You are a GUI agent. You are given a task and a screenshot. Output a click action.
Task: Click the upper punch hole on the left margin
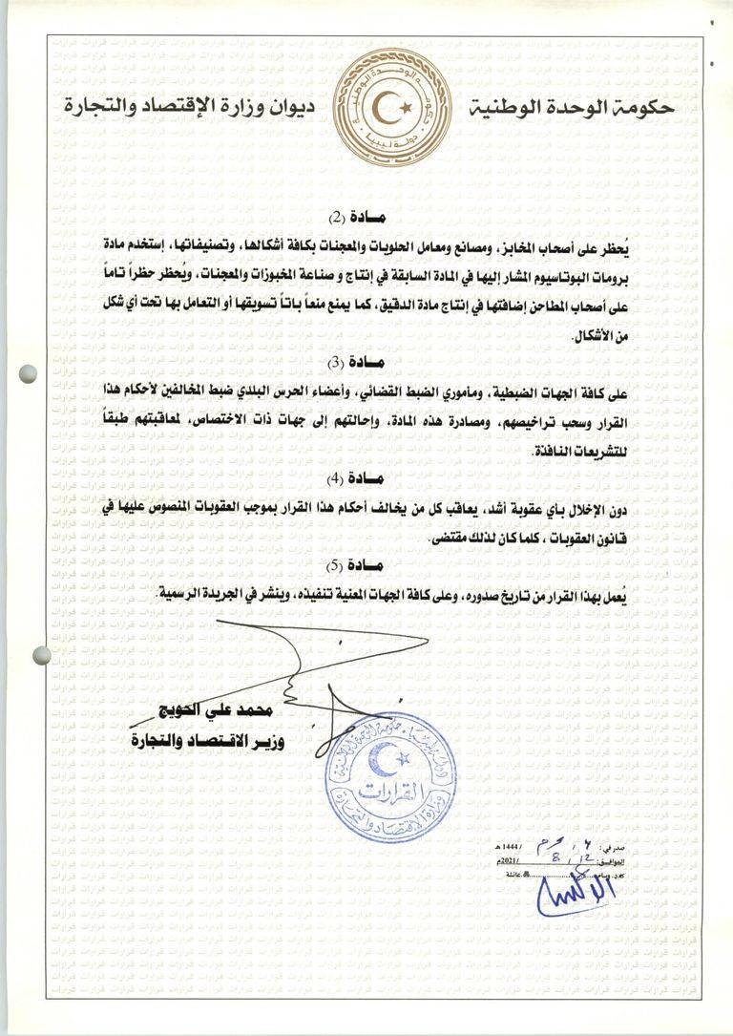point(31,373)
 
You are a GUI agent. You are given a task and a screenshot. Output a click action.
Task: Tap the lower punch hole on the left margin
point(42,655)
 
